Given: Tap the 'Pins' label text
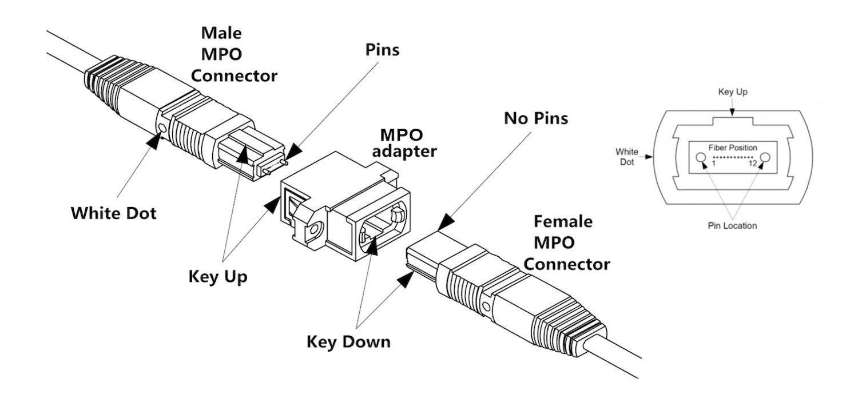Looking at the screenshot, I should (x=382, y=49).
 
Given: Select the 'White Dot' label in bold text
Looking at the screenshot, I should (x=113, y=213).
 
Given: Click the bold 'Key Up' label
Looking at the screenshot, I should (x=218, y=277).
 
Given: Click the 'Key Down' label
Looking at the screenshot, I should (x=348, y=342).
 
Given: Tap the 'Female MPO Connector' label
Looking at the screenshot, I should (x=566, y=242).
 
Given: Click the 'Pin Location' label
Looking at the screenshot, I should (x=732, y=225).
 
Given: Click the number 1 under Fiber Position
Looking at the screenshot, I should (x=714, y=164).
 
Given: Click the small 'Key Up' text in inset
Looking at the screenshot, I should (x=732, y=91).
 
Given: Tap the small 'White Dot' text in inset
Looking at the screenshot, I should (x=627, y=156).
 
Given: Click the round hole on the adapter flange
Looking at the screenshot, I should (x=312, y=232).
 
